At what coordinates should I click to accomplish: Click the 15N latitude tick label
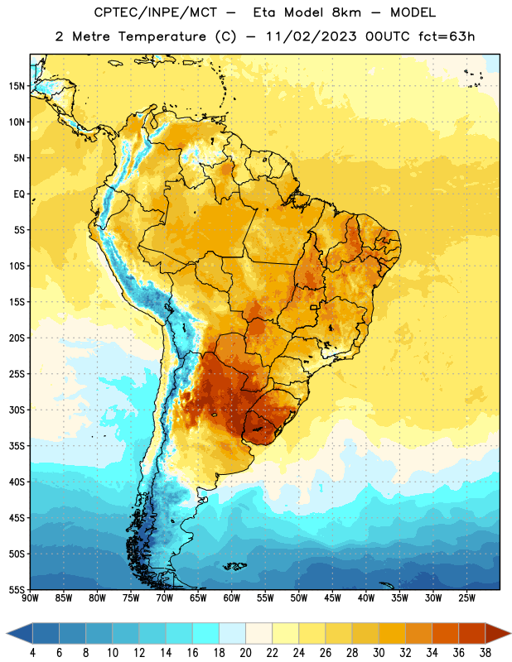[x=17, y=86]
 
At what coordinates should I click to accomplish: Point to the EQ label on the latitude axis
[x=19, y=194]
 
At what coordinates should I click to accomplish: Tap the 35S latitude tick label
[x=17, y=446]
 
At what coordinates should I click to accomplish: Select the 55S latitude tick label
[x=17, y=589]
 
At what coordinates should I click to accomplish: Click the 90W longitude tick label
[x=30, y=598]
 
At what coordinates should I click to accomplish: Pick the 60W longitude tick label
[x=232, y=598]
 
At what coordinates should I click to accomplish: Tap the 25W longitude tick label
[x=466, y=598]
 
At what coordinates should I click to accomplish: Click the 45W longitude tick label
[x=332, y=598]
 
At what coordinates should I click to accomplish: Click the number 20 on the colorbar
[x=245, y=653]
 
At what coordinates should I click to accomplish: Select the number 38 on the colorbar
[x=485, y=653]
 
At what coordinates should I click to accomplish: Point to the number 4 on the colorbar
[x=32, y=653]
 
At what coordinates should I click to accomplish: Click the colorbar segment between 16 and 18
[x=206, y=633]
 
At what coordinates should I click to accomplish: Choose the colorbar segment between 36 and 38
[x=472, y=633]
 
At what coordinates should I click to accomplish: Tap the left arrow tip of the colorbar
[x=7, y=633]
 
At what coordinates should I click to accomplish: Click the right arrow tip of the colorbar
[x=510, y=633]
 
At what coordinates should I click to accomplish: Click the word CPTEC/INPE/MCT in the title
[x=156, y=12]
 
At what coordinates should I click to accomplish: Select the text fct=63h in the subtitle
[x=447, y=36]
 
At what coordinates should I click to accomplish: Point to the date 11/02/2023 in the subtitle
[x=312, y=36]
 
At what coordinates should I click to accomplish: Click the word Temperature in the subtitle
[x=162, y=36]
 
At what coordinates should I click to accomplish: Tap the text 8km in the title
[x=346, y=12]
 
